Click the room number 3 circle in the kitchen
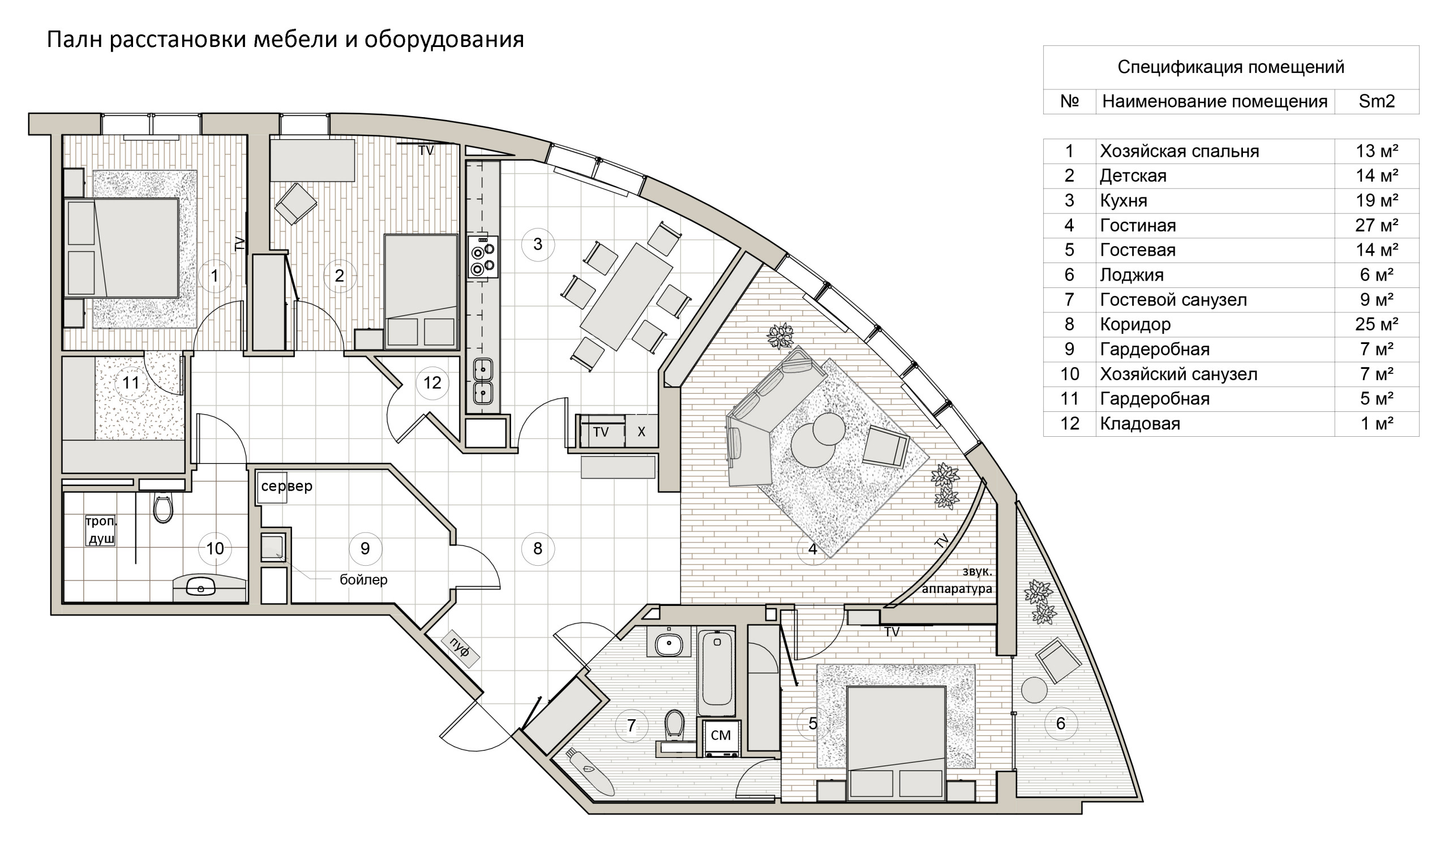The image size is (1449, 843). point(537,244)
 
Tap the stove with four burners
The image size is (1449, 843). point(482,257)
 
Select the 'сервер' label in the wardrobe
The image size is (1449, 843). point(286,486)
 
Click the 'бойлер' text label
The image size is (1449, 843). point(363,579)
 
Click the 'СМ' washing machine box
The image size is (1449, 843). point(721,736)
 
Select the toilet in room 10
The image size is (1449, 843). point(164,508)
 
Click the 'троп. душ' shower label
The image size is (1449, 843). point(101,530)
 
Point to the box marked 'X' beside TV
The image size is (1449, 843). point(641,432)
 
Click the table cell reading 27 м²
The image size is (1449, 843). point(1376,225)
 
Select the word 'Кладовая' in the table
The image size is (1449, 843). point(1139,424)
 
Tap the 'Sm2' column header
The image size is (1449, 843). point(1376,102)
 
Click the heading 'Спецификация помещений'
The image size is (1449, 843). point(1231,67)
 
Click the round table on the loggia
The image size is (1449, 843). point(1034,690)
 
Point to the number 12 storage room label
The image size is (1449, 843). point(432,382)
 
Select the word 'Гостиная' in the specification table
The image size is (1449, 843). point(1137,225)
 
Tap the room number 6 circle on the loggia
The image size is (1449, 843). point(1060,724)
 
